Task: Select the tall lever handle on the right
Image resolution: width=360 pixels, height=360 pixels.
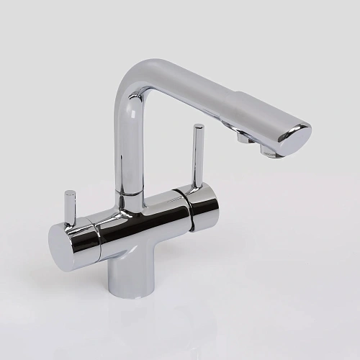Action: (196, 158)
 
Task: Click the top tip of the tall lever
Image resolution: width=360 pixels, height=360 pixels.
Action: (199, 128)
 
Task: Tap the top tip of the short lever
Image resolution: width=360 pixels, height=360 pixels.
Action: (70, 194)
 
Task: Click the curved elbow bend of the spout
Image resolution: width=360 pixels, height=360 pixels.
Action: (140, 79)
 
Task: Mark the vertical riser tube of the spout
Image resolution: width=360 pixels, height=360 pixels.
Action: (130, 144)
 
